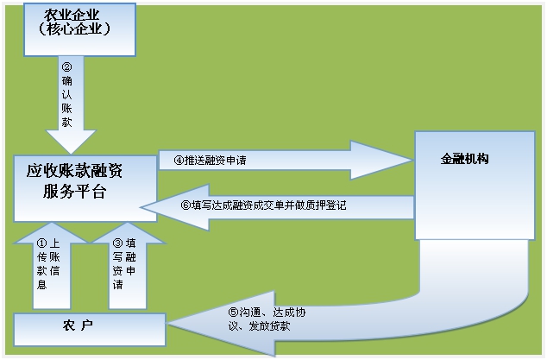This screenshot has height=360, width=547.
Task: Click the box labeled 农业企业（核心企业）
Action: pyautogui.click(x=79, y=29)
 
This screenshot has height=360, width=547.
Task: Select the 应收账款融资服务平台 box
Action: pyautogui.click(x=85, y=188)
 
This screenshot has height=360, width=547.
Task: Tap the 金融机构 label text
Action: pyautogui.click(x=464, y=159)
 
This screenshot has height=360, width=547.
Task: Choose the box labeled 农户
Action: pyautogui.click(x=90, y=330)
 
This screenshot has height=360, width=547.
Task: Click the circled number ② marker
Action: pyautogui.click(x=66, y=66)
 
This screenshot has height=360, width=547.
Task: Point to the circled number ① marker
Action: pyautogui.click(x=41, y=243)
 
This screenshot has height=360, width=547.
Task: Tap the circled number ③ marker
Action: pyautogui.click(x=118, y=243)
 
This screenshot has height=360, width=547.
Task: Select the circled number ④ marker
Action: pyautogui.click(x=179, y=161)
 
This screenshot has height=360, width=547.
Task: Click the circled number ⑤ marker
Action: pyautogui.click(x=234, y=312)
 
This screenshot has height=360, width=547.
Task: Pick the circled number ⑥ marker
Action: pyautogui.click(x=186, y=205)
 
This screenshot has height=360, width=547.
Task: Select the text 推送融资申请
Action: pyautogui.click(x=215, y=161)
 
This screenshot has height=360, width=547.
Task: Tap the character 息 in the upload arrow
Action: pyautogui.click(x=42, y=285)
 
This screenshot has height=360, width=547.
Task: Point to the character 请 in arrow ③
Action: pyautogui.click(x=118, y=285)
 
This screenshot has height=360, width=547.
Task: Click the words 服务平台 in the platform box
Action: pyautogui.click(x=75, y=192)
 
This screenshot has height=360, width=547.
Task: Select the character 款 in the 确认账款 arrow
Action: pyautogui.click(x=66, y=122)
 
